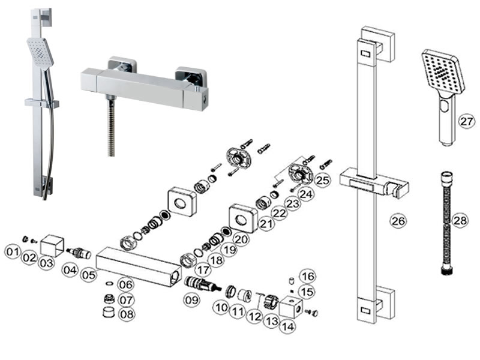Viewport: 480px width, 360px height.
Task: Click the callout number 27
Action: [x=467, y=121]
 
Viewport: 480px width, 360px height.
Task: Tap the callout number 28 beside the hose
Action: [x=460, y=220]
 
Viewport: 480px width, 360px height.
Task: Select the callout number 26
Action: [x=398, y=220]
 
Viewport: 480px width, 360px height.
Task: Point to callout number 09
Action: [x=191, y=299]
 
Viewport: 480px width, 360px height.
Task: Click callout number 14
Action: [x=288, y=326]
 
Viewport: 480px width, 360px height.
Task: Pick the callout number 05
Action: [x=89, y=275]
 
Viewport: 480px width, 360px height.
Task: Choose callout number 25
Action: [x=322, y=180]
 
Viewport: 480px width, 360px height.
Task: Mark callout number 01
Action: [x=13, y=252]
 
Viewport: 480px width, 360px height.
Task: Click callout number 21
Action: [x=266, y=224]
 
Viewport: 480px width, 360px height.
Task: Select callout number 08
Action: [x=127, y=314]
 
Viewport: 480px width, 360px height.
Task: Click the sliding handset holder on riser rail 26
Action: [x=374, y=185]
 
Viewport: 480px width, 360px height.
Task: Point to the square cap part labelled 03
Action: [x=52, y=245]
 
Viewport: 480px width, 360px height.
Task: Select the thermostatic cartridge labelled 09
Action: [x=202, y=283]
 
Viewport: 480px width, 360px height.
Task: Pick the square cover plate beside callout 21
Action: [x=244, y=218]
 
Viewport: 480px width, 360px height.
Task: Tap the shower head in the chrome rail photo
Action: [x=40, y=52]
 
